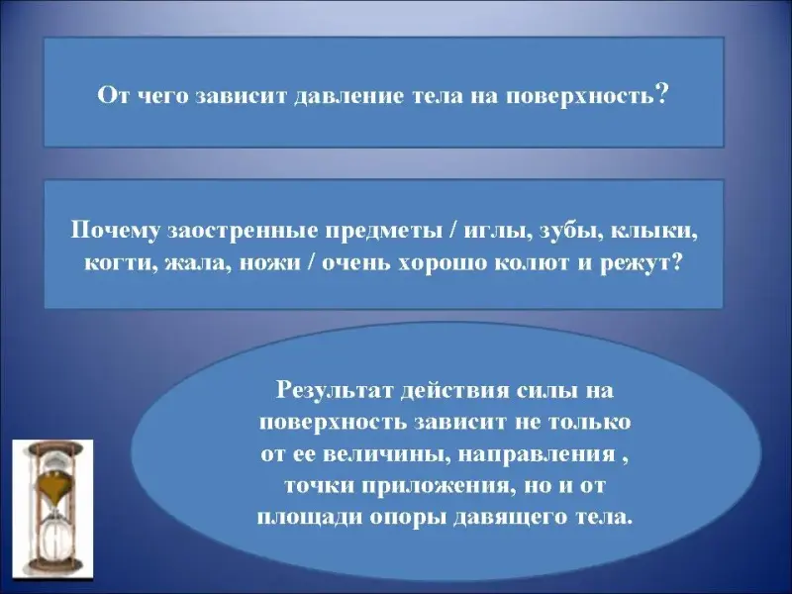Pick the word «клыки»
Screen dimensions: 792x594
click(x=655, y=231)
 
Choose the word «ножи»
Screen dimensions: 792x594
click(x=269, y=263)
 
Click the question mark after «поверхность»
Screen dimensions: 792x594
click(x=662, y=95)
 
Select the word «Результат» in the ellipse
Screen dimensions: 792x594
click(x=334, y=391)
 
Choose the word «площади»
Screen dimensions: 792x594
click(x=310, y=518)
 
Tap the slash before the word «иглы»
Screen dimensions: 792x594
click(x=452, y=232)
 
